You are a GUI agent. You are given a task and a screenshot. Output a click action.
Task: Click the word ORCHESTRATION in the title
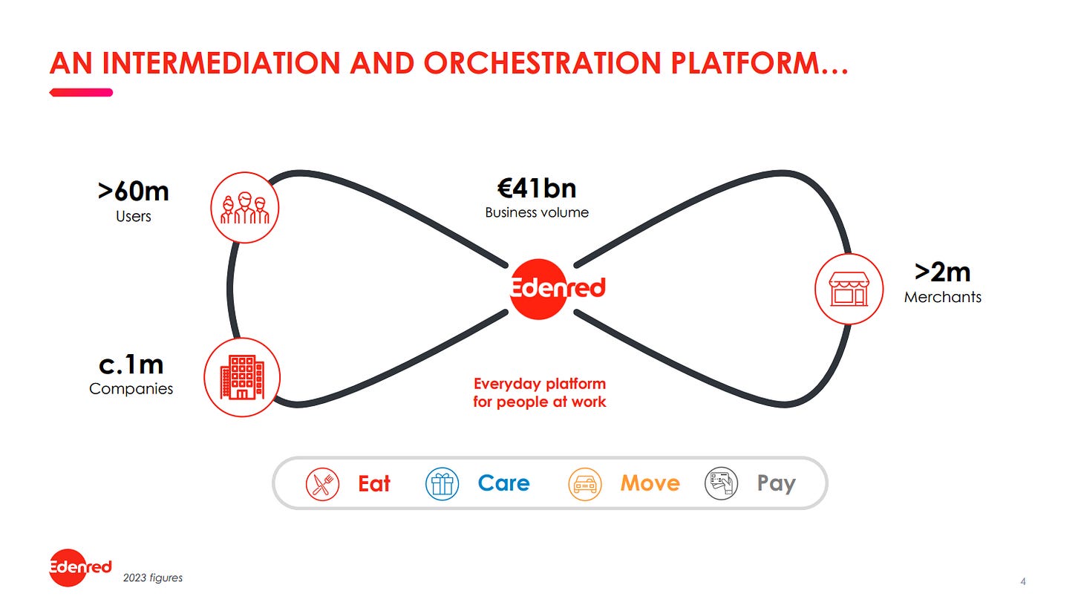[x=543, y=63]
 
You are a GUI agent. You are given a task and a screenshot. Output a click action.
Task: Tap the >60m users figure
[x=133, y=192]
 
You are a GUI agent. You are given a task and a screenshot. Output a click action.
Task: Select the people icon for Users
[x=245, y=208]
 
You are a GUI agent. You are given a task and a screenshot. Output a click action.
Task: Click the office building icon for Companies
[x=242, y=377]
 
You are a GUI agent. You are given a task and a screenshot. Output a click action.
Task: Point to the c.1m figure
[x=131, y=365]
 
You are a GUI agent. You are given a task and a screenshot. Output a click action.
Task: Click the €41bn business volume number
[x=537, y=189]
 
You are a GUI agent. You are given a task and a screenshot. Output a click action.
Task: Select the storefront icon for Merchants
[x=849, y=289]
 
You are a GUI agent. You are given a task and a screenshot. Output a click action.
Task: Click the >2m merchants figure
[x=942, y=272]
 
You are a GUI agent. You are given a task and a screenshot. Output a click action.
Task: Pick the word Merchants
[x=942, y=297]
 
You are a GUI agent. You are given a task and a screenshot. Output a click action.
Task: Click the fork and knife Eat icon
[x=322, y=484]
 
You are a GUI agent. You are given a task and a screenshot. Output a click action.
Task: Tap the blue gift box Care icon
[x=442, y=484]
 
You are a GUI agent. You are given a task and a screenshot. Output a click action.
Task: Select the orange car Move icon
[x=585, y=484]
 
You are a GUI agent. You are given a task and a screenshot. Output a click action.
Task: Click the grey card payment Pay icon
[x=722, y=483]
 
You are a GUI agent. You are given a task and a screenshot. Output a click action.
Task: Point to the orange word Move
[x=650, y=483]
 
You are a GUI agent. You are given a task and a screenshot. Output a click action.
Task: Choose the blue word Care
[x=504, y=483]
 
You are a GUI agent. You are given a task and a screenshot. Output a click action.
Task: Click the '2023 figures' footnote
[x=153, y=578]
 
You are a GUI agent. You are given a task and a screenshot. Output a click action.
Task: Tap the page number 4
[x=1023, y=582]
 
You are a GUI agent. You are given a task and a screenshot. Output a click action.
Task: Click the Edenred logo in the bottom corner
[x=80, y=567]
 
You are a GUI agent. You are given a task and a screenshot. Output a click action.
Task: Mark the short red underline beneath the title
[x=81, y=93]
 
